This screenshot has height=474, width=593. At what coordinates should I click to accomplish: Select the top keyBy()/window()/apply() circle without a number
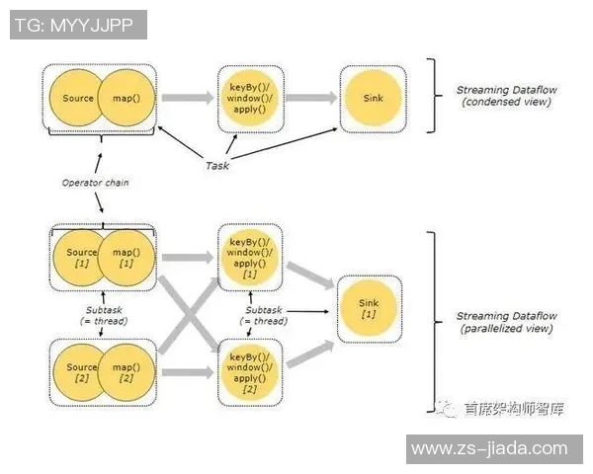250,98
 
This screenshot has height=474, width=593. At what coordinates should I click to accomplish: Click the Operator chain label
96,182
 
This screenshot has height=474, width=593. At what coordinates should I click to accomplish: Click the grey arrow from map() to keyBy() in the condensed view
185,98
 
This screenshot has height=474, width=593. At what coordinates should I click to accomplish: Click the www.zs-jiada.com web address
488,448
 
